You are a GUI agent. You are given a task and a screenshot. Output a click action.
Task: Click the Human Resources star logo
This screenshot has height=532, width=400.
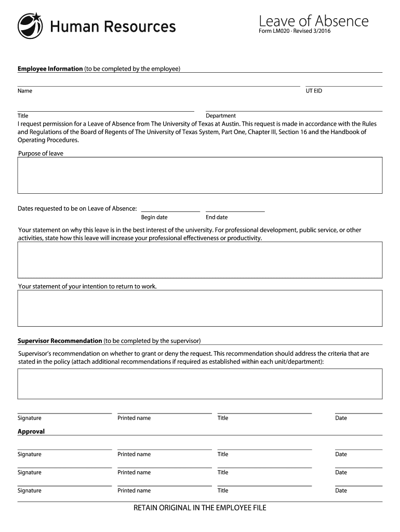click(x=31, y=26)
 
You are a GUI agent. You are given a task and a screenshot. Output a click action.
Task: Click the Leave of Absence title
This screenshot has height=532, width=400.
click(x=313, y=21)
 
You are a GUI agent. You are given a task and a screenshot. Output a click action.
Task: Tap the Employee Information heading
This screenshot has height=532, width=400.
click(x=50, y=69)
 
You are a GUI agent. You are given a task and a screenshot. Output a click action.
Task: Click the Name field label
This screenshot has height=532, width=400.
click(x=25, y=91)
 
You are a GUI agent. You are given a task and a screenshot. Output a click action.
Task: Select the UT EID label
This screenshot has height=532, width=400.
click(x=314, y=91)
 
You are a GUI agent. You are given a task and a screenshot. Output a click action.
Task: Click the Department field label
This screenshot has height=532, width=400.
click(x=221, y=115)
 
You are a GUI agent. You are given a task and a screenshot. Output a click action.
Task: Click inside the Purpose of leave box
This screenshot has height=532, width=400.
click(x=200, y=175)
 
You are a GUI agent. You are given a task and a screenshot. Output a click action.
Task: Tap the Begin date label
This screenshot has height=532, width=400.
click(x=154, y=217)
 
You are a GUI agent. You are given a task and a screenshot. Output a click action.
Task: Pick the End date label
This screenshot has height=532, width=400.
click(x=217, y=217)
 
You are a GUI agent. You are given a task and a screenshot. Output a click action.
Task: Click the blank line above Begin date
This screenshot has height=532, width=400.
click(x=170, y=210)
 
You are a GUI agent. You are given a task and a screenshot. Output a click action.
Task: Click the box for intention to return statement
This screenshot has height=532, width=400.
click(x=200, y=308)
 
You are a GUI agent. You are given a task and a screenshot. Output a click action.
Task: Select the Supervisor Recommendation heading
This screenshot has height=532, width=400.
click(x=60, y=341)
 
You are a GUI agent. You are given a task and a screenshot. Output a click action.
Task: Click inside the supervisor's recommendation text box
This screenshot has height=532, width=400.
click(x=200, y=383)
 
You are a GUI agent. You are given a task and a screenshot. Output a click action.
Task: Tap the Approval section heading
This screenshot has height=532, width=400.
click(x=31, y=431)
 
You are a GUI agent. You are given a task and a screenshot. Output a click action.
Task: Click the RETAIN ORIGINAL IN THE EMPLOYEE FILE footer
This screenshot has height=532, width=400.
click(x=200, y=508)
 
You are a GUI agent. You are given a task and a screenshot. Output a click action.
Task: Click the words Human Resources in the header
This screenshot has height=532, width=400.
click(x=113, y=26)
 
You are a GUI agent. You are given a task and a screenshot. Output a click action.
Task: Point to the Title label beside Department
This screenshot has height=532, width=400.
click(x=23, y=115)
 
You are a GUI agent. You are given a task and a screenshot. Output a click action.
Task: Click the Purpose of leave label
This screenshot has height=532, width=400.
click(x=41, y=153)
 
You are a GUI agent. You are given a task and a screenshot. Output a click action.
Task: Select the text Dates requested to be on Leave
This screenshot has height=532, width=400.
click(x=77, y=208)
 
